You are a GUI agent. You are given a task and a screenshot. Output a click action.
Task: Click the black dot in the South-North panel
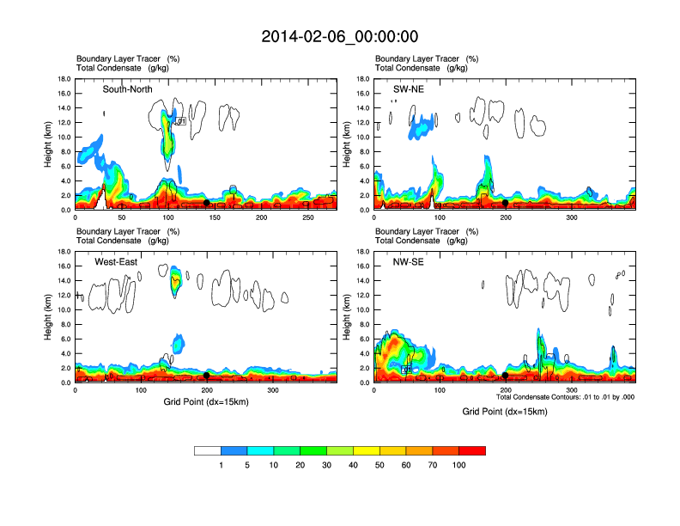206,204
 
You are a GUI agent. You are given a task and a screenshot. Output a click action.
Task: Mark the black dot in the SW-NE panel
506,203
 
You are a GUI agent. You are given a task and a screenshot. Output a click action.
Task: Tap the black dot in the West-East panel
207,376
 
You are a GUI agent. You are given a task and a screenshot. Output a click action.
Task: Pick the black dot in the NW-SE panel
506,376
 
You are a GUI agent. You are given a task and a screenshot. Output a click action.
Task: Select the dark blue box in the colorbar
234,450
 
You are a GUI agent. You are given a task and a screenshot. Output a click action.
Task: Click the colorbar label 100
459,465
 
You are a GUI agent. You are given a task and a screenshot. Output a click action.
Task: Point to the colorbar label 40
353,465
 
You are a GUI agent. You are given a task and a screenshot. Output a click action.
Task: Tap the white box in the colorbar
207,450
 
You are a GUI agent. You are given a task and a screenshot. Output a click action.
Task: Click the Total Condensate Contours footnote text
565,397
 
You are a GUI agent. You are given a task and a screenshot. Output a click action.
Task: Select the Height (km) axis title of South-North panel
49,144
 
